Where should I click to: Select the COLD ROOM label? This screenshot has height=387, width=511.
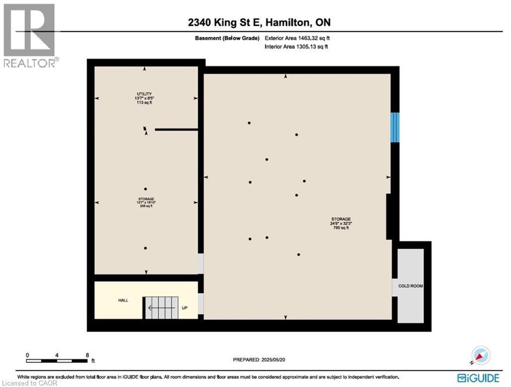click(410, 286)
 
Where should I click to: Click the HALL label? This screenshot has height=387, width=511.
click(123, 300)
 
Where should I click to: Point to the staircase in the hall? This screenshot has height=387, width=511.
click(162, 306)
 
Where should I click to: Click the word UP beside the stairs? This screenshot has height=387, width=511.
click(185, 308)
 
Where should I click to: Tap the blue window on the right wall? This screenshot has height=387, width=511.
click(395, 126)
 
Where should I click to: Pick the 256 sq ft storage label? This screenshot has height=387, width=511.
click(146, 202)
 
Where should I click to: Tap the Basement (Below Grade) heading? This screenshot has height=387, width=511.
click(228, 38)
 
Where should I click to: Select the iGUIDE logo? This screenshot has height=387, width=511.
click(478, 377)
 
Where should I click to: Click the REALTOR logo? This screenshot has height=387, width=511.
click(30, 36)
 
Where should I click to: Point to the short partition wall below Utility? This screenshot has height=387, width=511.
click(176, 130)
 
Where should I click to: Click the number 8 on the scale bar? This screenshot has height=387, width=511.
click(87, 355)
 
